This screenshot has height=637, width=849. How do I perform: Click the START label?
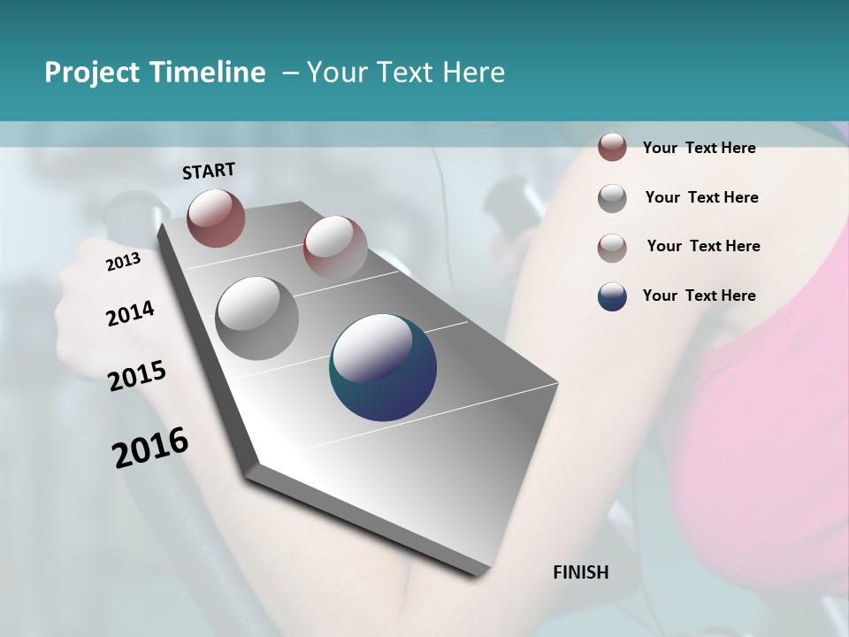click(x=209, y=171)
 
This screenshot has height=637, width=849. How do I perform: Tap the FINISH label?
click(x=581, y=572)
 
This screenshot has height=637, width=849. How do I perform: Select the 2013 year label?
click(x=123, y=262)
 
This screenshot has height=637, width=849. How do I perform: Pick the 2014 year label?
click(x=130, y=313)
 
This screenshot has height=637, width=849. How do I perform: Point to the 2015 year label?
click(x=137, y=376)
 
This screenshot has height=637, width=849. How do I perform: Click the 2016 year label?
click(x=150, y=447)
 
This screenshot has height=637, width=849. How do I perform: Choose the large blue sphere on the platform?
click(x=383, y=367)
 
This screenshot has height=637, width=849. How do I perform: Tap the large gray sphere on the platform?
click(x=257, y=318)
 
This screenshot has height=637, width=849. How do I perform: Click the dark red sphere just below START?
click(x=216, y=218)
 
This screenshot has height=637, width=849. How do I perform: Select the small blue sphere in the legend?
click(x=612, y=296)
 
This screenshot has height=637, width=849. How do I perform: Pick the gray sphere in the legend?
click(x=612, y=198)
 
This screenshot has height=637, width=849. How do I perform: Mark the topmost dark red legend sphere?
click(x=612, y=147)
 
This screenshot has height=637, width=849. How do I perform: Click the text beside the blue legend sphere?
click(x=699, y=295)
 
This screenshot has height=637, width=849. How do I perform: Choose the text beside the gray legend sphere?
click(x=701, y=197)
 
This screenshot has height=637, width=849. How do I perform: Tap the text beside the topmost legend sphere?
click(x=699, y=148)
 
